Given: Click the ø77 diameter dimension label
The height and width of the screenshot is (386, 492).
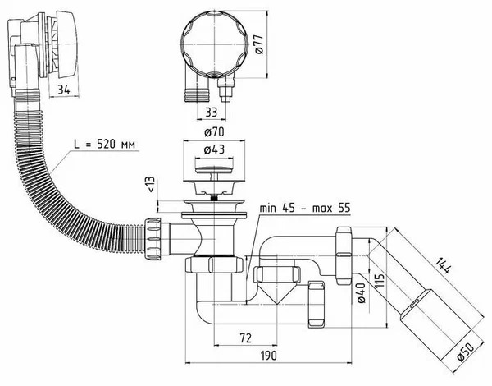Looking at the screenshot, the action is [x=260, y=44].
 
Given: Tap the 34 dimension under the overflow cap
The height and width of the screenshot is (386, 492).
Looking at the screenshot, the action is [x=64, y=90].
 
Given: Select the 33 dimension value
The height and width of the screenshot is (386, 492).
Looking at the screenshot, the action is [x=211, y=113].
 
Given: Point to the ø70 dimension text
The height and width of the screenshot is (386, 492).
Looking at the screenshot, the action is [x=214, y=132].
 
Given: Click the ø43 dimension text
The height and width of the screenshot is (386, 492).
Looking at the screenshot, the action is [x=214, y=150].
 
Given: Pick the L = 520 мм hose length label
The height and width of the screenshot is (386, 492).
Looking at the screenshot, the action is [x=105, y=145].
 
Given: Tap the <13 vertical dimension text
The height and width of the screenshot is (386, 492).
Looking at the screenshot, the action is [x=151, y=184].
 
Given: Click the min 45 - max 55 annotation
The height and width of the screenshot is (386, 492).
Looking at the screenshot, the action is [x=305, y=208].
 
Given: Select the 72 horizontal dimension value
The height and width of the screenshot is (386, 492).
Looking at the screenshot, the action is [x=245, y=338].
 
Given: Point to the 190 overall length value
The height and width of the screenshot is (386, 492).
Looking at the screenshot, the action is [x=269, y=356].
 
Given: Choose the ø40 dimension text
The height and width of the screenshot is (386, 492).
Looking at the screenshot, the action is [x=361, y=292].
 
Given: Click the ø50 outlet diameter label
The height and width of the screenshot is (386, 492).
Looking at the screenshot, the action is [x=466, y=352].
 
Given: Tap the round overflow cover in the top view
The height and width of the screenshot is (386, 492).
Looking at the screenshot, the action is [x=215, y=44].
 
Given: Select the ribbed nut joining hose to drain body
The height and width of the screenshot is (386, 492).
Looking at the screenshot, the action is [x=153, y=238].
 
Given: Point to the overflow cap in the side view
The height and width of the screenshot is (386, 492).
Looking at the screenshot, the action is [x=67, y=44].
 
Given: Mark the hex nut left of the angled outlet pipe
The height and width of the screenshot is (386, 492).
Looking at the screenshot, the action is [x=344, y=255].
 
